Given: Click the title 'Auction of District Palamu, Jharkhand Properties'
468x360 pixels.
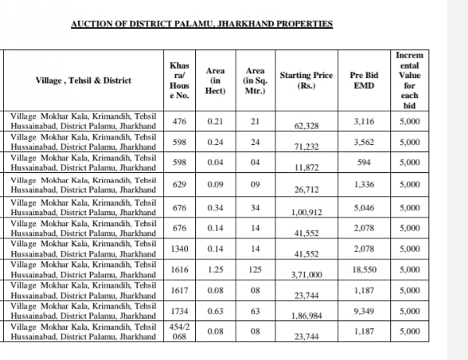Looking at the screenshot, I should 201,24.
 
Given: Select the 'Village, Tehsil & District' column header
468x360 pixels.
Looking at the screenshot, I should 83,80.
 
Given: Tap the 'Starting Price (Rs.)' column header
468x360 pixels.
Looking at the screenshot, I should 307,80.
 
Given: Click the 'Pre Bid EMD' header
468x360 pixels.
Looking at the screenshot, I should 363,80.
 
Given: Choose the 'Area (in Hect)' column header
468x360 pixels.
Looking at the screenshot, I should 215,80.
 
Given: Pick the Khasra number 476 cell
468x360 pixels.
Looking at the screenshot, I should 179,122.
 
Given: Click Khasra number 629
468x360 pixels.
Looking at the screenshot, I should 179,185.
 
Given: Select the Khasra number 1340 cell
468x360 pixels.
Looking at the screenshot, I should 179,248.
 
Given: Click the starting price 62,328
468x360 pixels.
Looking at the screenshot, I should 307,125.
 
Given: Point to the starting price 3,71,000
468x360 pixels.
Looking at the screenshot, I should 307,275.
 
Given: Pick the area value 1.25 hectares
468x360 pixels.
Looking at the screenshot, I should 215,269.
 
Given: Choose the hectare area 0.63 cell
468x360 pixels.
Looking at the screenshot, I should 215,312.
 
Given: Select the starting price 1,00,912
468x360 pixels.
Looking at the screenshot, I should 307,213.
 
